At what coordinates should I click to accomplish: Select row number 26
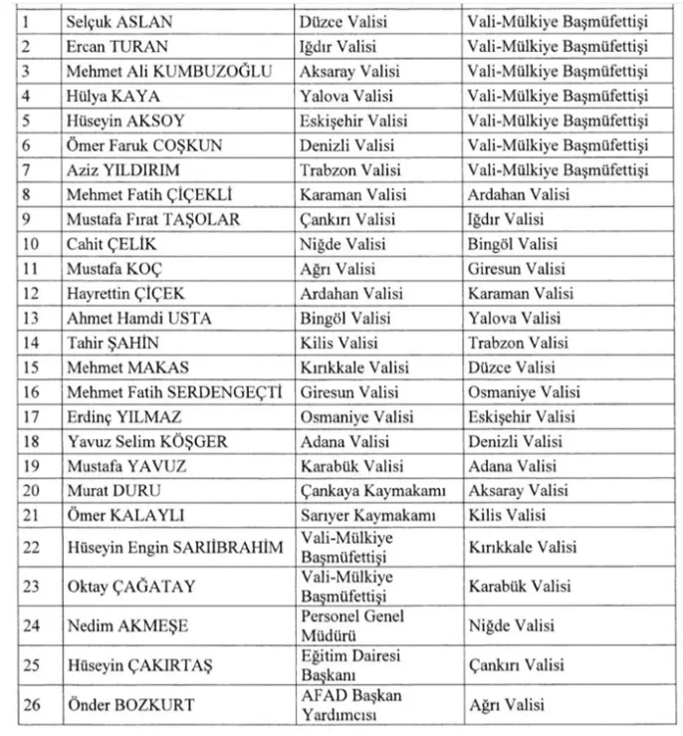[x=31, y=704]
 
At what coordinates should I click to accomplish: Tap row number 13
[x=31, y=318]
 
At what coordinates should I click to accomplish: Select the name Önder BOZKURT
[x=127, y=704]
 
